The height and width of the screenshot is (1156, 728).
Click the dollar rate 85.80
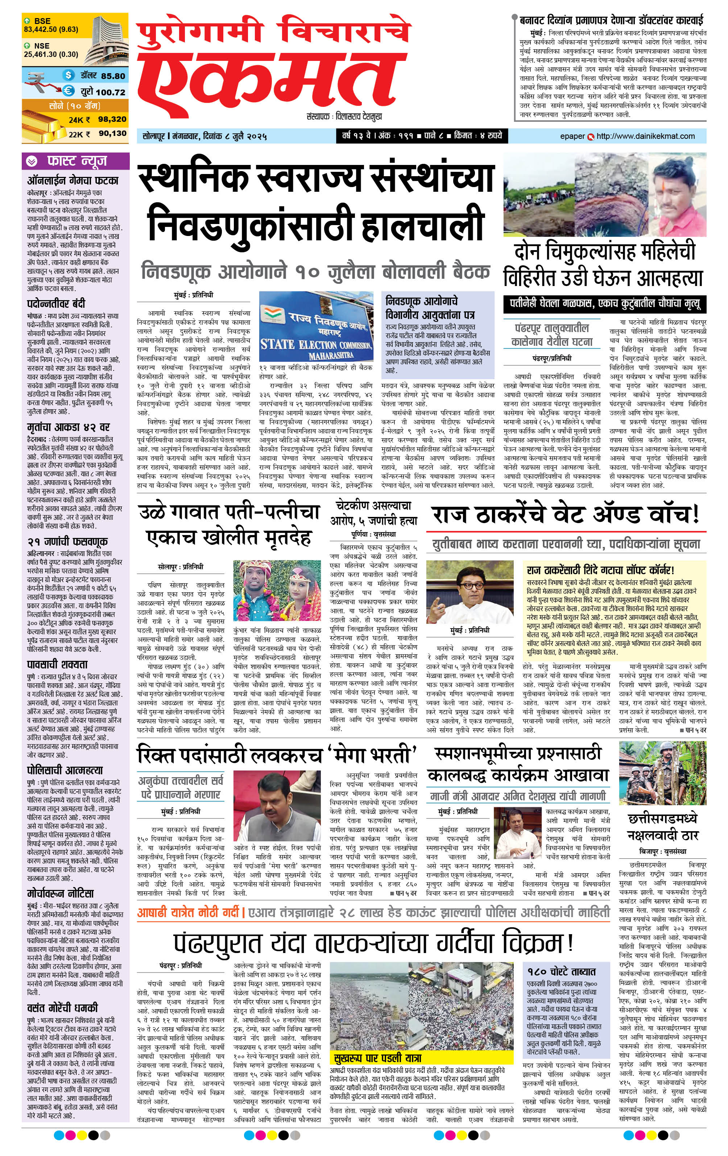point(113,76)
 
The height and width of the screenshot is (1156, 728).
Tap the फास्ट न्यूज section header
point(75,161)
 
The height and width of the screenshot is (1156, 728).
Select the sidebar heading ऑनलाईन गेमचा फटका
point(73,181)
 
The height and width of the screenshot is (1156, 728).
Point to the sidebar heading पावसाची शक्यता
point(58,664)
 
